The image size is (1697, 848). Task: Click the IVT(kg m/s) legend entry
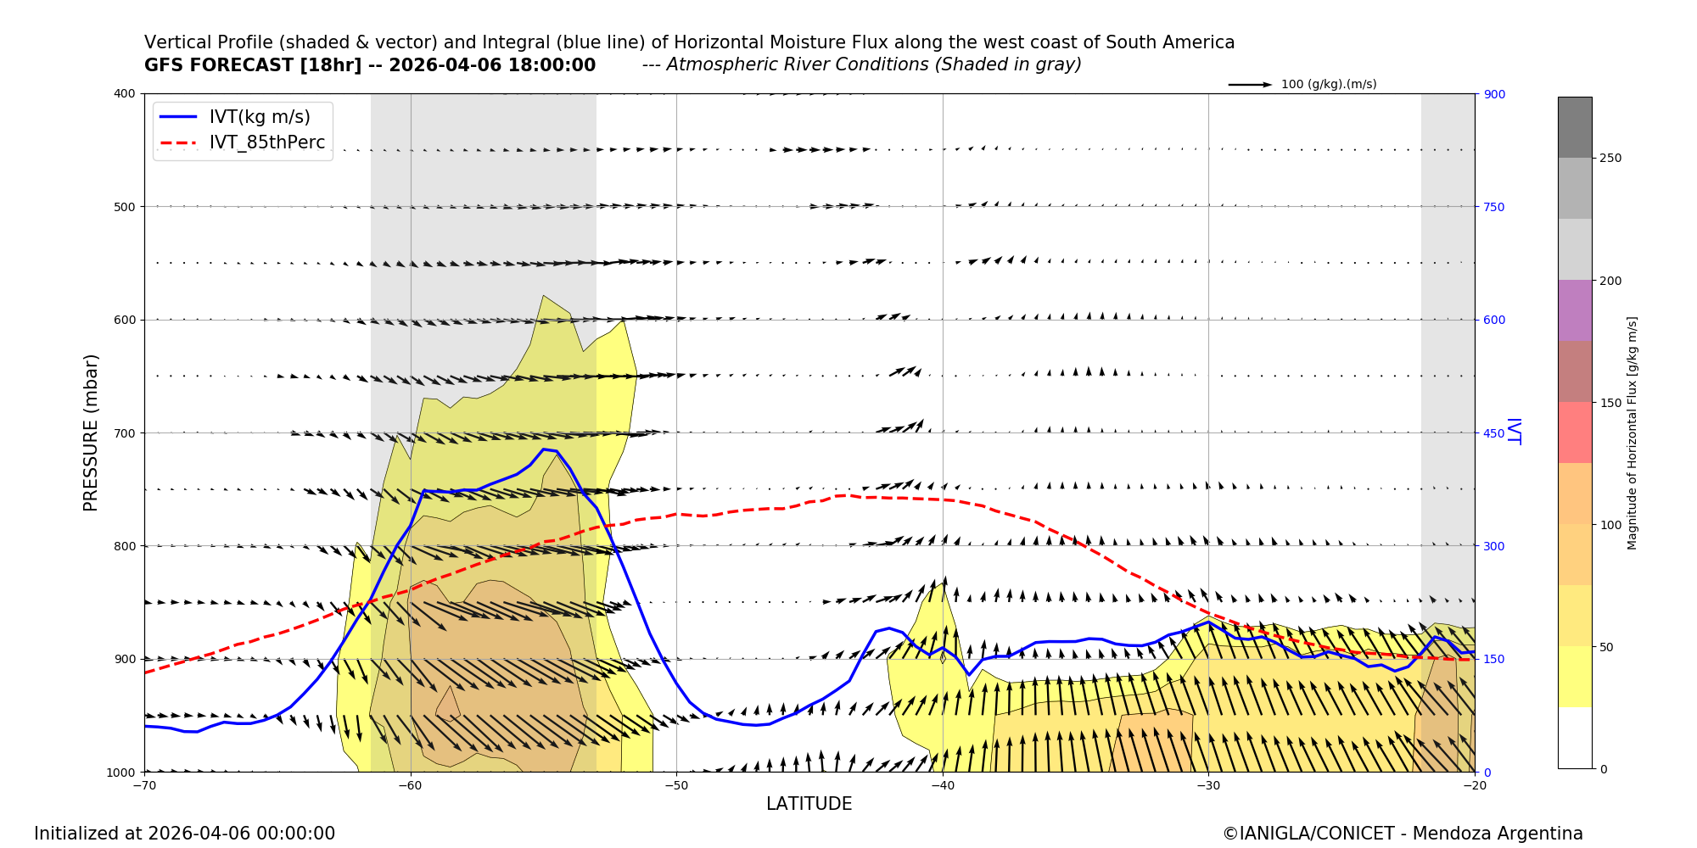(x=260, y=117)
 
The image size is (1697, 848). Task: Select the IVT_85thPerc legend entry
(x=266, y=142)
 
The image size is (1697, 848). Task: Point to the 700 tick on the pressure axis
(x=124, y=433)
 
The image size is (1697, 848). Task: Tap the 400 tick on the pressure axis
(x=124, y=93)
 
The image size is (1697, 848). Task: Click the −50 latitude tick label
(x=676, y=785)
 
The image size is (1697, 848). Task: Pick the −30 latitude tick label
(x=1208, y=785)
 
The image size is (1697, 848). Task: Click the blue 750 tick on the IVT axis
(x=1494, y=207)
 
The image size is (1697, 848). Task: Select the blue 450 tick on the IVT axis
(x=1494, y=433)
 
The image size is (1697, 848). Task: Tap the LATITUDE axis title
(x=809, y=804)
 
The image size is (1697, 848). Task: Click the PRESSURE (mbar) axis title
(x=91, y=432)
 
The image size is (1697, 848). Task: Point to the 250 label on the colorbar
(x=1610, y=159)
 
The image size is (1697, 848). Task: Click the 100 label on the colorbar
(x=1610, y=525)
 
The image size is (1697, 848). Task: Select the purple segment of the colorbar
(x=1575, y=310)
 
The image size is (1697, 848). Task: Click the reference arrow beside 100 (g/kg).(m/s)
(x=1250, y=85)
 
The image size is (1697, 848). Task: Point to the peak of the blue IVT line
(x=544, y=449)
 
